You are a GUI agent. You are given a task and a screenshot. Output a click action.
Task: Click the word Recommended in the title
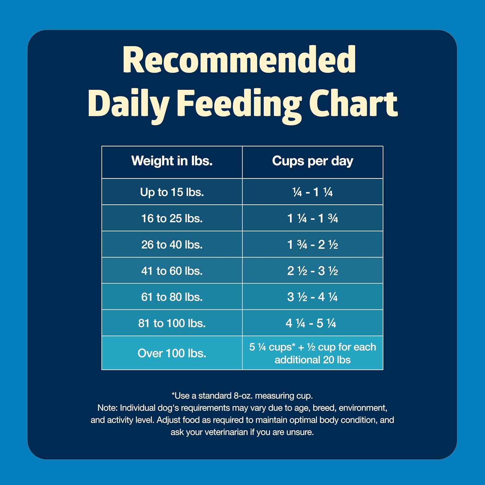coord(239,60)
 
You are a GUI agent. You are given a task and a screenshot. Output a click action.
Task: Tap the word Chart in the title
coord(353,103)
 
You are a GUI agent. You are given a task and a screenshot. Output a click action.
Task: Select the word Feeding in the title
coord(239,103)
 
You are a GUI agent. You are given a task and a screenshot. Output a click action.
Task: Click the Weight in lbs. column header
coord(172,161)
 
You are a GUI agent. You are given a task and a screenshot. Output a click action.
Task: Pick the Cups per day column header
coord(312,161)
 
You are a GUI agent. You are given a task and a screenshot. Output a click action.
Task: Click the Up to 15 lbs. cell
coord(172,192)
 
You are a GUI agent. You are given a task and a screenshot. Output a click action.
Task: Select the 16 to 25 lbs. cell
coord(172,218)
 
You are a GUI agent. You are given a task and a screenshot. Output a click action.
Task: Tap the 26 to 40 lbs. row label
coord(172,244)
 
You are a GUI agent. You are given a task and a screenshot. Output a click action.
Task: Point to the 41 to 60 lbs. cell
coord(172,271)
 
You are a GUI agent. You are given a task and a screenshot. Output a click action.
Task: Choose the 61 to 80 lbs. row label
coord(172,297)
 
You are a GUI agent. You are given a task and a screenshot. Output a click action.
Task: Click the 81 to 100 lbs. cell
coord(172,323)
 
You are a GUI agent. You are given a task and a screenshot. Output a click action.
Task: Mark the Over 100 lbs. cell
coord(172,353)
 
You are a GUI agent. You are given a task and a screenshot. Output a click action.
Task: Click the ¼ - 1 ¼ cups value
coord(312,192)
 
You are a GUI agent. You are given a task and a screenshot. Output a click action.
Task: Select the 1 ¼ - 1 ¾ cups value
coord(312,218)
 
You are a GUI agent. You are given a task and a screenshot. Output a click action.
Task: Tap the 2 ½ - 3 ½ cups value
coord(312,271)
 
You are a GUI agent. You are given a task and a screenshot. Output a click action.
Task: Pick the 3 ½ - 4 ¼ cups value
coord(312,297)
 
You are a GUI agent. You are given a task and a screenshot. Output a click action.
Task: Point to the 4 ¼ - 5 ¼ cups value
coord(311,323)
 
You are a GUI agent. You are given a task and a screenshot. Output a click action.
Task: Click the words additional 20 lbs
coord(312,360)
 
